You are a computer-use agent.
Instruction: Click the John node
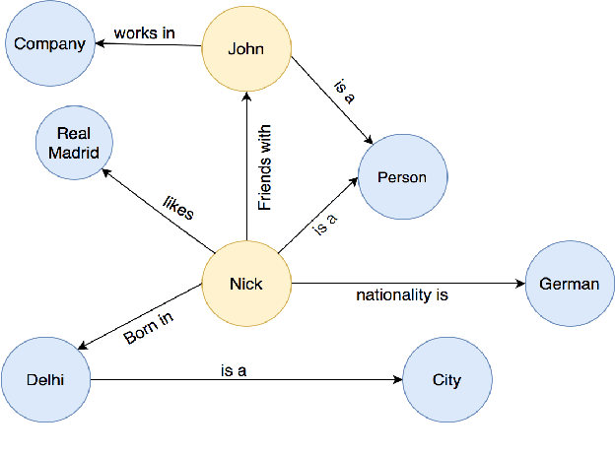(245, 48)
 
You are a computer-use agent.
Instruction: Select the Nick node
(245, 284)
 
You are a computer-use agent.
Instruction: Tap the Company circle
(49, 43)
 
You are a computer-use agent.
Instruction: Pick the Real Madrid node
(74, 143)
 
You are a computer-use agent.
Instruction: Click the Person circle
(402, 177)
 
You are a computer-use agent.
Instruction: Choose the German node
(569, 284)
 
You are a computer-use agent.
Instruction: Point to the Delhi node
(45, 379)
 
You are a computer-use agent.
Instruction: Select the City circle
(446, 379)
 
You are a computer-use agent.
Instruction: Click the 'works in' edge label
(144, 32)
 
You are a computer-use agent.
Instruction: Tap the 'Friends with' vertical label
(264, 166)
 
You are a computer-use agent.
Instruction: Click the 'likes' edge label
(178, 207)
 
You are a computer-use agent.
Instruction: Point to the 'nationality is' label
(402, 294)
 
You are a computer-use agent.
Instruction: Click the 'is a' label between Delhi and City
(234, 370)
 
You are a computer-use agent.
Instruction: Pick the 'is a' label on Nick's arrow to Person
(324, 225)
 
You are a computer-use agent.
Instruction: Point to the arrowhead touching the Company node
(99, 43)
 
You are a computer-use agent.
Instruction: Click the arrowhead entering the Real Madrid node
(107, 173)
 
